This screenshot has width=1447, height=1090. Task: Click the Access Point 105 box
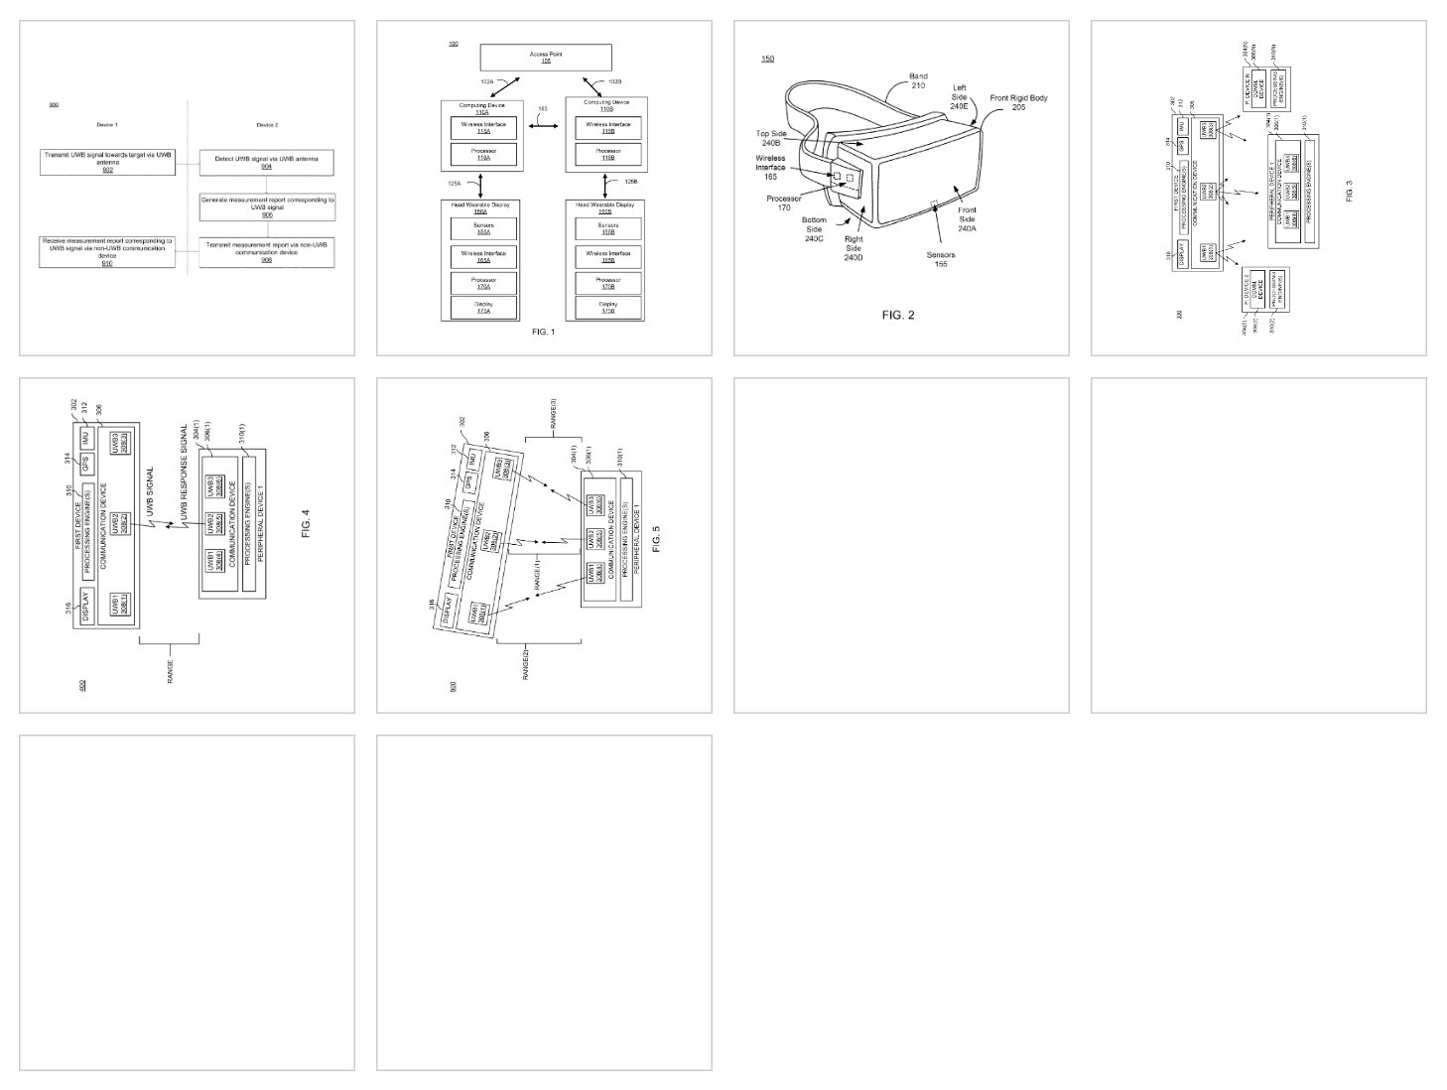545,57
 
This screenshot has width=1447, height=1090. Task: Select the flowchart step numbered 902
107,162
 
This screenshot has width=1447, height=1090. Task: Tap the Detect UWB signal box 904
266,162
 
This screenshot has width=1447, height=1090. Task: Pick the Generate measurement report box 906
266,204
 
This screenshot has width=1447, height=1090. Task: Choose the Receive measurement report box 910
107,252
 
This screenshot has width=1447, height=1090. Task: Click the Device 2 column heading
266,124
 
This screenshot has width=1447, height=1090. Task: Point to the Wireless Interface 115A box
482,127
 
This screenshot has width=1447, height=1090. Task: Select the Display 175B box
607,308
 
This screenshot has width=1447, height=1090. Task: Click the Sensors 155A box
482,228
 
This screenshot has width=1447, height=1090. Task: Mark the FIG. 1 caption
544,332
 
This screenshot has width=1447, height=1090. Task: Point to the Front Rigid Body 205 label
1018,102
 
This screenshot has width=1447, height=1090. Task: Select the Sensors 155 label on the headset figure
941,259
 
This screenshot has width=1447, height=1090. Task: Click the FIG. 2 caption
898,315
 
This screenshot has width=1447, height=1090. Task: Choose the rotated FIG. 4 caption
306,523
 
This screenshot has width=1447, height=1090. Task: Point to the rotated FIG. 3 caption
1349,189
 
